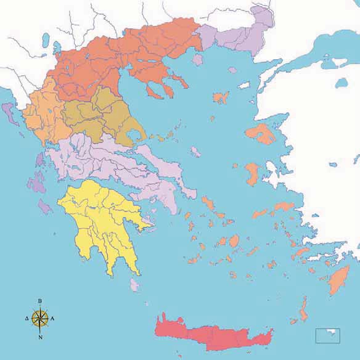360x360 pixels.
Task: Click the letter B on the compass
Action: tap(40, 301)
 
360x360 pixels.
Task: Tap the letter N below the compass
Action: tap(40, 337)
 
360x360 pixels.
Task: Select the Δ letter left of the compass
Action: tap(27, 319)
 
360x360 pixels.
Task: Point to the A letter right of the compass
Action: tap(53, 319)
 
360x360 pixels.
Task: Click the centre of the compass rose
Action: tap(40, 319)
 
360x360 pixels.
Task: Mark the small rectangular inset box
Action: tap(327, 336)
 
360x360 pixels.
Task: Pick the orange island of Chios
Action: tap(252, 172)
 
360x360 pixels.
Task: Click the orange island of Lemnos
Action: tap(221, 97)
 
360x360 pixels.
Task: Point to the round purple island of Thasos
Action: tap(198, 60)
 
